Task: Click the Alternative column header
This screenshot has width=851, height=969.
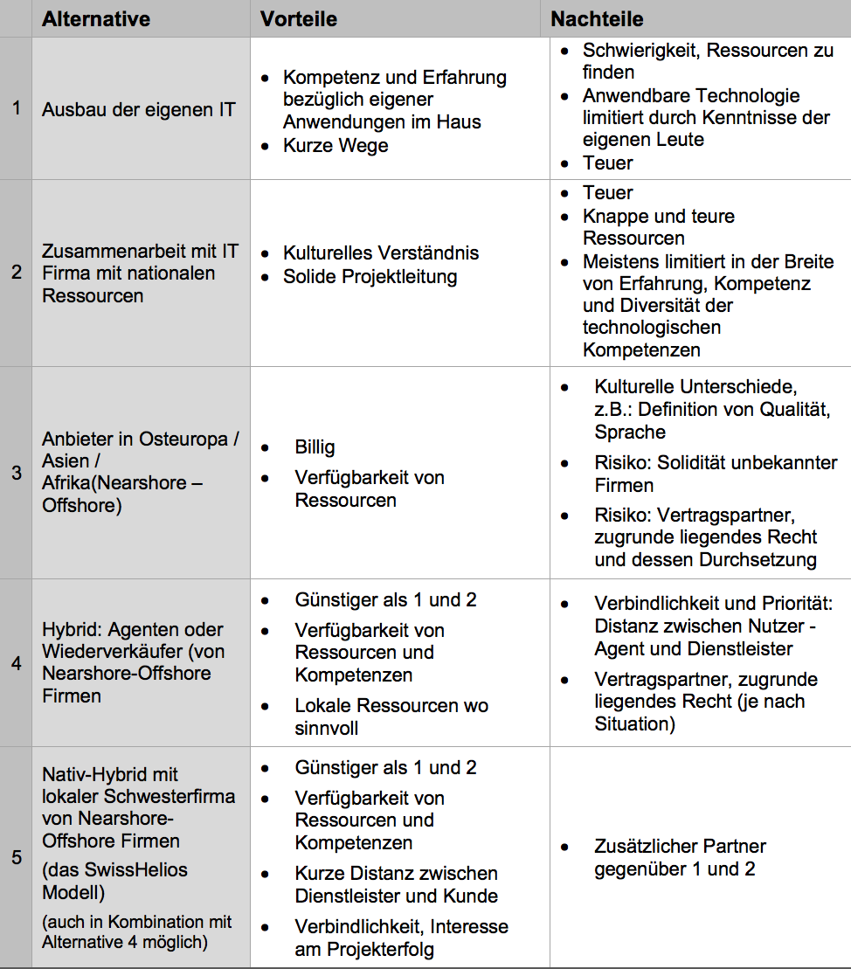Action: pos(96,19)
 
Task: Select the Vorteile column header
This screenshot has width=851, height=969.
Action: pos(299,19)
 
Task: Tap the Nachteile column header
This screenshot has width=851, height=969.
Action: pos(597,19)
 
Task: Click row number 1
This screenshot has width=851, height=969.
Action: pos(16,109)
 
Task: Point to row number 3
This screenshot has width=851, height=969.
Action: pos(16,473)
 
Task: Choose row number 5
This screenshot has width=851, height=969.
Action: pos(16,857)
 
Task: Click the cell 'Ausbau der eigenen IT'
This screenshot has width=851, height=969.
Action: pos(138,110)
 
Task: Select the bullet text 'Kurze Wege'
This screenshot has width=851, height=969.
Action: pos(336,145)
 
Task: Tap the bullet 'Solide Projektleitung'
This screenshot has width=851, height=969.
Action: pos(370,277)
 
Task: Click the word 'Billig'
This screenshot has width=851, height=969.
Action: pos(315,447)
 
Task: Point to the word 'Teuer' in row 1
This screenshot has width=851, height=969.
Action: pos(607,163)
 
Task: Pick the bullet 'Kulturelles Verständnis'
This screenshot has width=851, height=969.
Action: pos(381,253)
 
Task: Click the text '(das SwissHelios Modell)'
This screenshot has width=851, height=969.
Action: pos(114,881)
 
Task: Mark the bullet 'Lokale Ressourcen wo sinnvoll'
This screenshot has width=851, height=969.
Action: pos(391,716)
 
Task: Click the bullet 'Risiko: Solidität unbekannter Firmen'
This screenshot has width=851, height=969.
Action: pos(715,474)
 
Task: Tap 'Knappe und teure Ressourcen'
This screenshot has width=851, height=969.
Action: pos(658,227)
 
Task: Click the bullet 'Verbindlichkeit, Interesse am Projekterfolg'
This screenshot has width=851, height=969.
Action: pos(401,938)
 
